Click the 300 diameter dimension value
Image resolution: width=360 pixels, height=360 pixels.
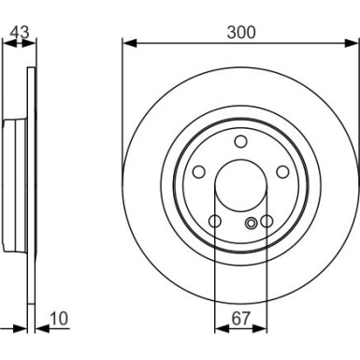[x=240, y=31]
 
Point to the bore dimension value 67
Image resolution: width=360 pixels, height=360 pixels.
[x=240, y=319]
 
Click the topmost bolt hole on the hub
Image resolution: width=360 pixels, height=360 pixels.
[x=240, y=141]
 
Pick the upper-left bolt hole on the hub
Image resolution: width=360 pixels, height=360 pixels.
[x=198, y=172]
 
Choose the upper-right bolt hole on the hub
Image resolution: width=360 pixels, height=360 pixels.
[x=282, y=172]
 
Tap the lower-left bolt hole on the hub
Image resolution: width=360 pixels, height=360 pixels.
[x=214, y=222]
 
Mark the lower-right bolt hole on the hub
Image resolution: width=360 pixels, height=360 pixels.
[x=266, y=222]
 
